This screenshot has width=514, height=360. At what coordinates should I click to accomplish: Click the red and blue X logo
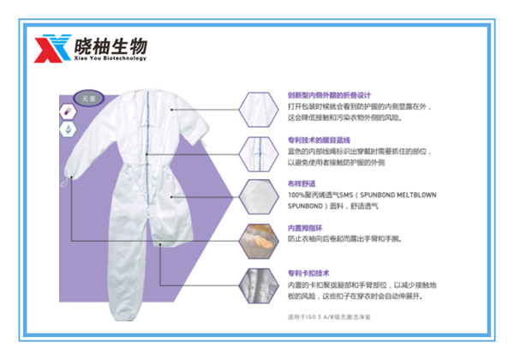coord(48,48)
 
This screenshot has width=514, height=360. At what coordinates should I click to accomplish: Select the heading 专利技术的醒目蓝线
coord(320,140)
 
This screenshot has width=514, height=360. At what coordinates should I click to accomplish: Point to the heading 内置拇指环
coord(304,228)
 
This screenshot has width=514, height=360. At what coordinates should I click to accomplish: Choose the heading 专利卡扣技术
coord(308,273)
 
